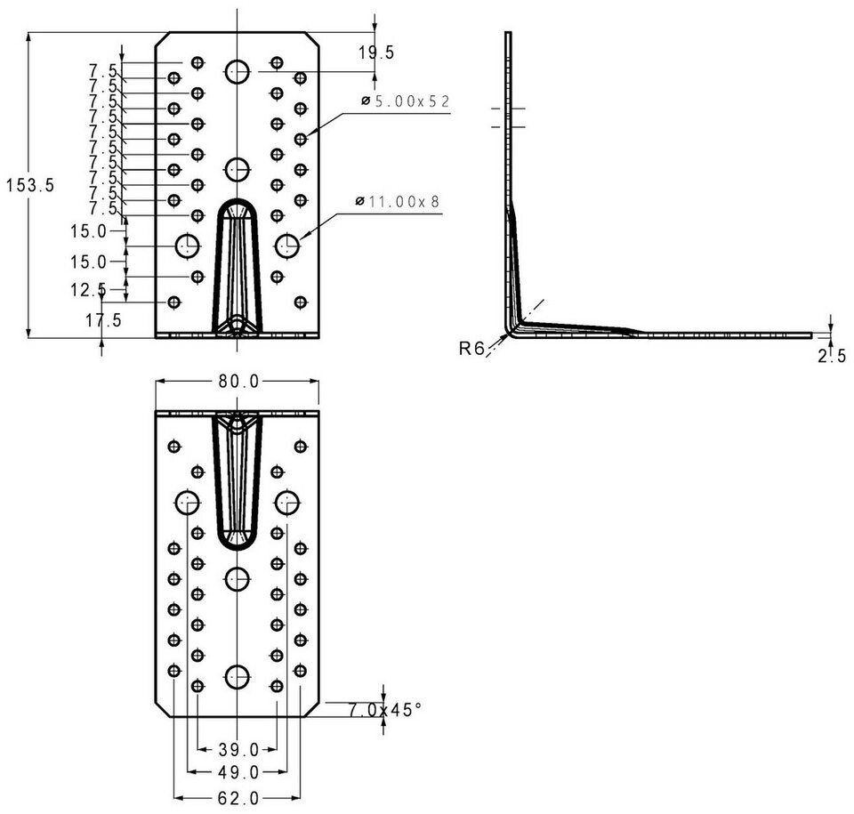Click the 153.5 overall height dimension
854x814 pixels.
(x=30, y=185)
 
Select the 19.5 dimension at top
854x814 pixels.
(x=375, y=52)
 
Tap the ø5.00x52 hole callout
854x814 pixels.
(x=406, y=101)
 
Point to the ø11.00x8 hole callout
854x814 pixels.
(x=398, y=202)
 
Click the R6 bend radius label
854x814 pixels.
(x=471, y=348)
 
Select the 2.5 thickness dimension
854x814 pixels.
(x=832, y=356)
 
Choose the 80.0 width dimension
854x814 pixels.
(x=238, y=382)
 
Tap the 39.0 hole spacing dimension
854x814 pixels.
(x=238, y=750)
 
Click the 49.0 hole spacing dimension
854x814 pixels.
(x=238, y=772)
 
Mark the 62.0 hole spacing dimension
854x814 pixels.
(x=238, y=798)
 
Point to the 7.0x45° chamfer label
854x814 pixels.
(x=385, y=710)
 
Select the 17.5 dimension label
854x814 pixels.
(x=103, y=320)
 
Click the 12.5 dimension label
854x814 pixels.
(x=88, y=290)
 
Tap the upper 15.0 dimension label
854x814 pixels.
(x=88, y=231)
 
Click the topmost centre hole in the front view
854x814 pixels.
(x=238, y=72)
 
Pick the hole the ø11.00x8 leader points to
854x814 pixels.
(x=287, y=246)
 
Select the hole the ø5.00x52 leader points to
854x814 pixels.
(x=300, y=140)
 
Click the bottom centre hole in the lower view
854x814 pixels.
(x=238, y=677)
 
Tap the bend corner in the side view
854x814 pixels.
(x=510, y=332)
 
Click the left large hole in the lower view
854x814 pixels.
(x=188, y=503)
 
